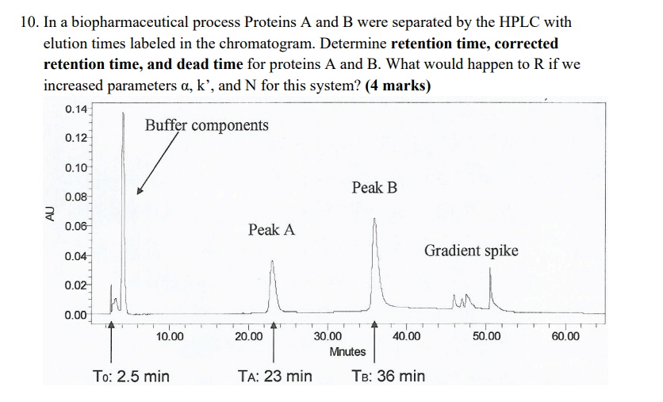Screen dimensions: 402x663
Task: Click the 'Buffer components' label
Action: [206, 125]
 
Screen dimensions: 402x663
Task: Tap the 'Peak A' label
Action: [271, 230]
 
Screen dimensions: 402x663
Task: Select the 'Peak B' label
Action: [374, 188]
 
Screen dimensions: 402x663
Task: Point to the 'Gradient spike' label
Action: [471, 251]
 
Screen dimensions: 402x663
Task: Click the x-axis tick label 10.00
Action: [170, 336]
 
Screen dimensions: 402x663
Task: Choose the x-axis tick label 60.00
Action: [565, 336]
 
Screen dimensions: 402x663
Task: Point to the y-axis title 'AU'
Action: [50, 212]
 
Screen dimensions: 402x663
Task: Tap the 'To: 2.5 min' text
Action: [131, 376]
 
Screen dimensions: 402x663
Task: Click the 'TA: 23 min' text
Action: [274, 376]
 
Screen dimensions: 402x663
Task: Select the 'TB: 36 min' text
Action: [388, 376]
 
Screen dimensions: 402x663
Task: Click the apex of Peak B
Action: [375, 219]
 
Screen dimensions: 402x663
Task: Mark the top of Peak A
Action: [273, 261]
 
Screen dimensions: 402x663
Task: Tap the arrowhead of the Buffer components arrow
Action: [140, 191]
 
